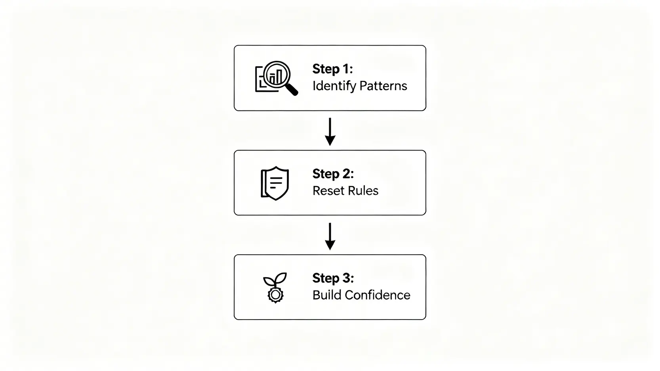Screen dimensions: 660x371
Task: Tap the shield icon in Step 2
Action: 275,183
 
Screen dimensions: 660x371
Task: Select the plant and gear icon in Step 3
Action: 275,288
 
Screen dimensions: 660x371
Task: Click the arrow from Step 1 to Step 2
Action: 330,131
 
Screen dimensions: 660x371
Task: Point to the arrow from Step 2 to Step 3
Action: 330,236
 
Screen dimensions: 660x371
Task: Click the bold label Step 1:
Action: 333,69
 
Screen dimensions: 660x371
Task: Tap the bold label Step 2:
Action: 333,174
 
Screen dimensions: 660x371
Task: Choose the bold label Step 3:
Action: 333,278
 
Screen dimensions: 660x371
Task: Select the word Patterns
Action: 383,86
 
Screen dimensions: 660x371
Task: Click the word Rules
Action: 362,191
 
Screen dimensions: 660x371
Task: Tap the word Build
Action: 327,295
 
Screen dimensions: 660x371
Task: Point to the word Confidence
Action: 378,295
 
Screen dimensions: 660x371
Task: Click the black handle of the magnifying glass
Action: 292,89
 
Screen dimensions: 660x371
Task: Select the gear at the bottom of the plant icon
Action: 275,295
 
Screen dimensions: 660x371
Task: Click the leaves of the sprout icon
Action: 275,279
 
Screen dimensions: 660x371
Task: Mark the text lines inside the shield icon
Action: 276,183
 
